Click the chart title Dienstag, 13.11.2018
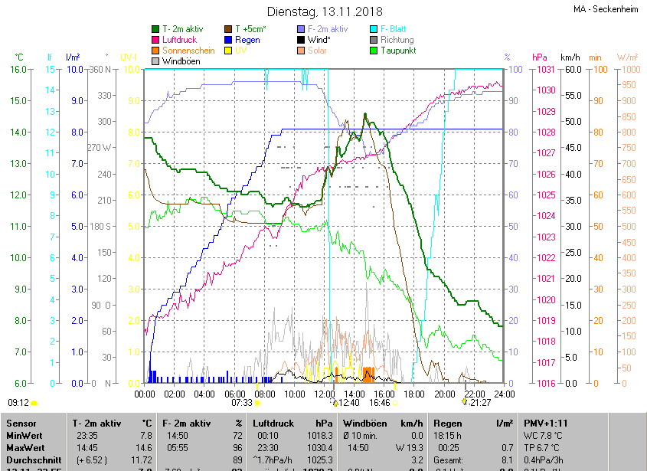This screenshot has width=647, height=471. (x=323, y=11)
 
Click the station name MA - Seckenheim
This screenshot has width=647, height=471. (x=606, y=10)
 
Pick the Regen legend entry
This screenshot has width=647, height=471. (x=247, y=40)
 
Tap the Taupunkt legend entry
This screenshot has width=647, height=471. (x=397, y=51)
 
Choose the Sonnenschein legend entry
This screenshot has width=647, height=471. (x=188, y=51)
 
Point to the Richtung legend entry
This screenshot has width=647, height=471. (x=397, y=40)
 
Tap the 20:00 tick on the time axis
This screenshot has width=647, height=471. (x=444, y=394)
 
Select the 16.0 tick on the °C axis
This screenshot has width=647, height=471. (x=19, y=70)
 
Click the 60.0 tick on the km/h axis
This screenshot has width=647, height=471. (x=570, y=70)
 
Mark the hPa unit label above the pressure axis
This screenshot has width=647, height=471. (x=540, y=57)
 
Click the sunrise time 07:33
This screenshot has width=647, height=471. (x=242, y=402)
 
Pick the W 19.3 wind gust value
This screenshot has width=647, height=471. (x=410, y=447)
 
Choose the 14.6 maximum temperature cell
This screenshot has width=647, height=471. (x=145, y=447)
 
